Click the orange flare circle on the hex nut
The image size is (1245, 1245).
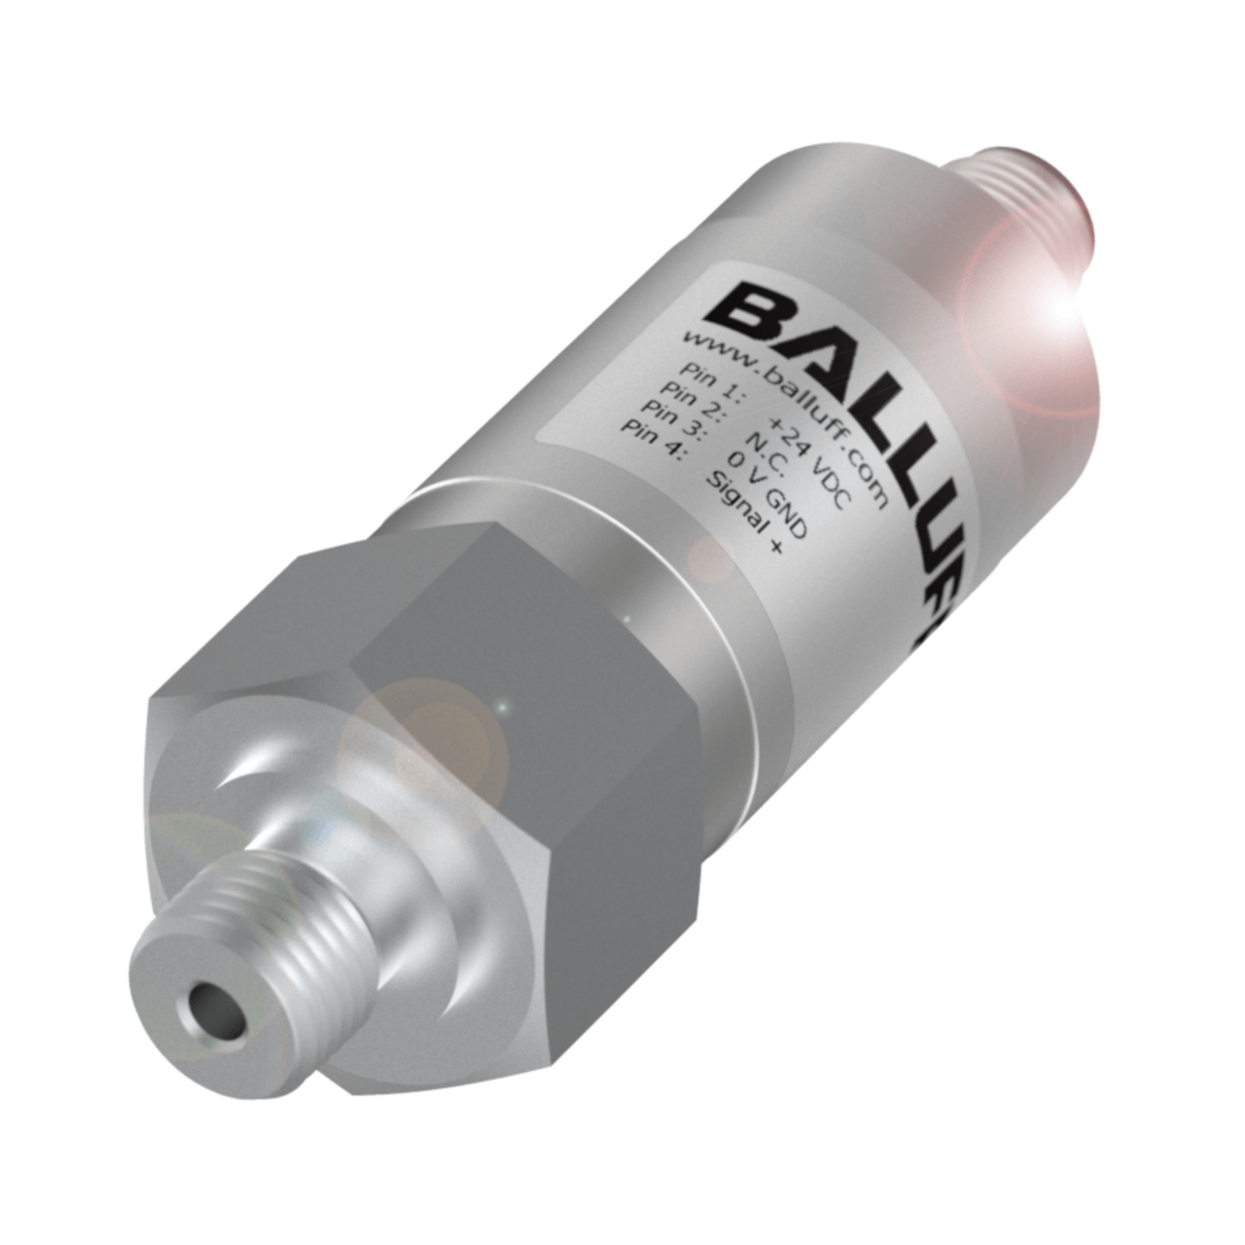coord(428,739)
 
